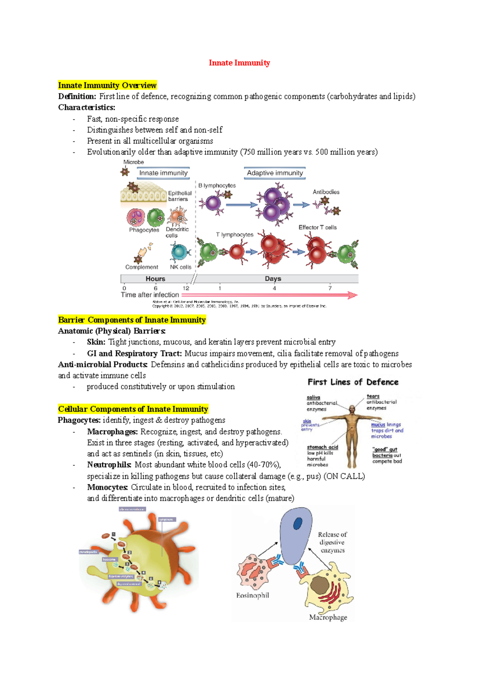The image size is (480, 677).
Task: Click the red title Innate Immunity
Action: pyautogui.click(x=239, y=63)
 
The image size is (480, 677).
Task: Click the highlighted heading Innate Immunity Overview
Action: pyautogui.click(x=107, y=85)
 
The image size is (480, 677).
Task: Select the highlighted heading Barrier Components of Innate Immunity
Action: pyautogui.click(x=132, y=320)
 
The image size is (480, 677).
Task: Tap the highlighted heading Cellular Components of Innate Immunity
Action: pyautogui.click(x=133, y=409)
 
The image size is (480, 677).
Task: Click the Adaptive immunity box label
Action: pyautogui.click(x=275, y=173)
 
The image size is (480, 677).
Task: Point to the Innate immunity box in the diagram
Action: pyautogui.click(x=163, y=173)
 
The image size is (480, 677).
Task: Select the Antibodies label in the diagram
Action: pyautogui.click(x=326, y=192)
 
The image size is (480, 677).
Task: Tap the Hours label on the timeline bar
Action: pyautogui.click(x=155, y=279)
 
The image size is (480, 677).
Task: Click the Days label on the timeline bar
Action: pyautogui.click(x=273, y=279)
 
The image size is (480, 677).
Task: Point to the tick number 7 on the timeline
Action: pyautogui.click(x=330, y=288)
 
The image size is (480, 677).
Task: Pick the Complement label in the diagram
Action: pyautogui.click(x=142, y=267)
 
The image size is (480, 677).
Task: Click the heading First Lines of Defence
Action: pyautogui.click(x=353, y=382)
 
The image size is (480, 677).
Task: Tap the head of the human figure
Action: pyautogui.click(x=352, y=409)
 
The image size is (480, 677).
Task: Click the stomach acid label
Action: pyautogui.click(x=322, y=447)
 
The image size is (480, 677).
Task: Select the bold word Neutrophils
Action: pyautogui.click(x=109, y=465)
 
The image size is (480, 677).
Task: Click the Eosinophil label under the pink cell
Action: pyautogui.click(x=252, y=595)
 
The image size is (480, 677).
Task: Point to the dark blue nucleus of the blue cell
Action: pyautogui.click(x=298, y=524)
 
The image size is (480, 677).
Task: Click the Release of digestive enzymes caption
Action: pyautogui.click(x=332, y=542)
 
